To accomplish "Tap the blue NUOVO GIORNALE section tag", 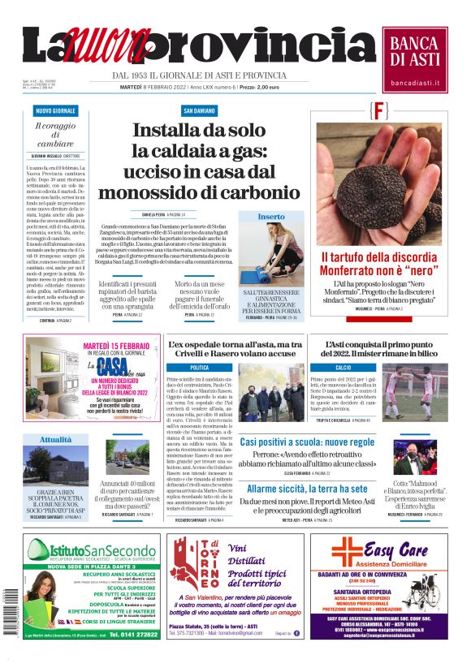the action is pos(55,110).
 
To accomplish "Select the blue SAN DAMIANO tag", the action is pos(199,110).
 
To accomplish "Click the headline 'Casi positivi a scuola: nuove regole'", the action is pos(307,442).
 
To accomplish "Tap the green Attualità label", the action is pos(56,439).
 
